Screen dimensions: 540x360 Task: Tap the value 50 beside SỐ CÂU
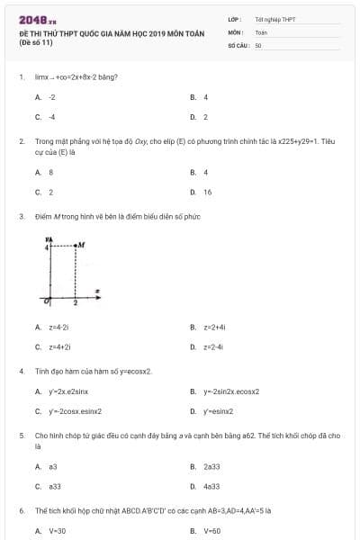coord(258,43)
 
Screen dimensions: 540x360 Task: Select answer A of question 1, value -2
coord(51,96)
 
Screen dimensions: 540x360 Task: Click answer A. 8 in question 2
coord(50,171)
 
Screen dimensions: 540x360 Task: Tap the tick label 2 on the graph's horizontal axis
coord(76,303)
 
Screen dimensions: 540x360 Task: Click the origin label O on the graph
coord(45,301)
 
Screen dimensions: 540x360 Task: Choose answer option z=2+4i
coord(214,327)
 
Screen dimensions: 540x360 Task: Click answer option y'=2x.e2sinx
coord(68,391)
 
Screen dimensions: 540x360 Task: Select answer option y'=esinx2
coord(220,411)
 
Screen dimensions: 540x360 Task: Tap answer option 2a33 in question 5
coord(211,466)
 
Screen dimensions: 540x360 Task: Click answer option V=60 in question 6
coord(212,531)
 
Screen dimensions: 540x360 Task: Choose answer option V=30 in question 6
coord(58,531)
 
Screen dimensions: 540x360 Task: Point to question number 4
coord(21,371)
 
